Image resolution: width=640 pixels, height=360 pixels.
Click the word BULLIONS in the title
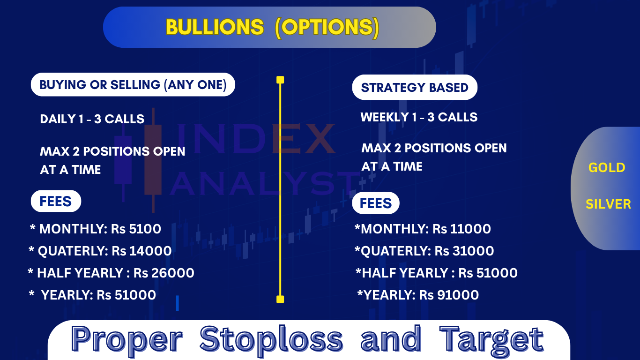point(215,27)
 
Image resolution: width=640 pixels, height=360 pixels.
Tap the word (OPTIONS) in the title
point(327,28)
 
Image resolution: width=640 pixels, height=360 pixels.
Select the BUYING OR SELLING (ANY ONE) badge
point(133,85)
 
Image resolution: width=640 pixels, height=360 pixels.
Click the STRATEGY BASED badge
point(415,87)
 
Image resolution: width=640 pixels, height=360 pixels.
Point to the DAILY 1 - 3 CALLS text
point(92,119)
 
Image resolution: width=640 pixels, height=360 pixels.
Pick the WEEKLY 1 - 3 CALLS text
point(419,117)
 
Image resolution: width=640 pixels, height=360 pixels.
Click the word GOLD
point(607,167)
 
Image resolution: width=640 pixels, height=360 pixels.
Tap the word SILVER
point(608,204)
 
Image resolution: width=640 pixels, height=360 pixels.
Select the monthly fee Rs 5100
point(136,229)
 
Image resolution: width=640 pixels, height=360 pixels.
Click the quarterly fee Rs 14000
point(141,251)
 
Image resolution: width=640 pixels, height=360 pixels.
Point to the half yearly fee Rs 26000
point(164,273)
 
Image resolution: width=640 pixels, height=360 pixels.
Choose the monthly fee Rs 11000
point(461,229)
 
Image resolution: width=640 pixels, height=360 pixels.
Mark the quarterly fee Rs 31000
point(464,251)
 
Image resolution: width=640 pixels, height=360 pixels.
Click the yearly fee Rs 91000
point(449,295)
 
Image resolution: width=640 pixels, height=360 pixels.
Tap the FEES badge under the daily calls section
point(56,201)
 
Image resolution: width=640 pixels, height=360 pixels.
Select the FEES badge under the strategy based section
point(376,203)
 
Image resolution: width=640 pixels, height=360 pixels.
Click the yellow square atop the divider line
point(280,80)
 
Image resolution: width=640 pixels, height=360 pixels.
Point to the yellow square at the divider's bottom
point(280,299)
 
